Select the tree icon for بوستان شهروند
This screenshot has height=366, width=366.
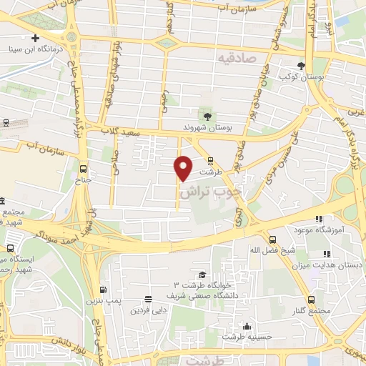pyautogui.click(x=207, y=115)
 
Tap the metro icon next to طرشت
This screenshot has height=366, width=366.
pyautogui.click(x=209, y=161)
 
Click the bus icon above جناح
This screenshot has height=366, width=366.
pyautogui.click(x=84, y=169)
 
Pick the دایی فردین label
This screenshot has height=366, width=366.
pyautogui.click(x=147, y=310)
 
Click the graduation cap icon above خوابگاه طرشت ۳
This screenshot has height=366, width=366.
pyautogui.click(x=202, y=274)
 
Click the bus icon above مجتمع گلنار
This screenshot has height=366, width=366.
pyautogui.click(x=310, y=300)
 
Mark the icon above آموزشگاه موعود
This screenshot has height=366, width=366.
pyautogui.click(x=319, y=219)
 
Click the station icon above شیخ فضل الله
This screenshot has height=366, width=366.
pyautogui.click(x=272, y=239)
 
